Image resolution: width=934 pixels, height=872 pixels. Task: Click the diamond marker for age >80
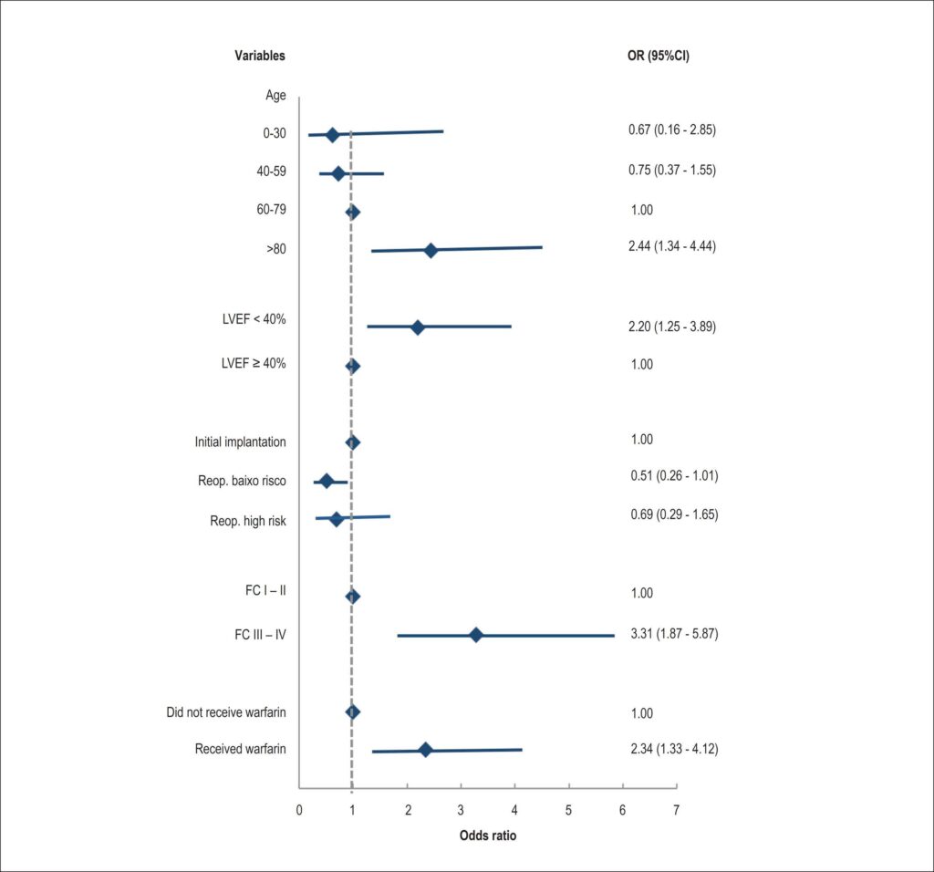point(431,251)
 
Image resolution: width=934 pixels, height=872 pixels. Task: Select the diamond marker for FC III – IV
point(475,635)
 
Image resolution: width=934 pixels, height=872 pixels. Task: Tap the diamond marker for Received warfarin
point(425,750)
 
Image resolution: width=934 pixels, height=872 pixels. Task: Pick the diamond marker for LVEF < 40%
point(418,327)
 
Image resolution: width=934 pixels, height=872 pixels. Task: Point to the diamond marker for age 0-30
point(332,135)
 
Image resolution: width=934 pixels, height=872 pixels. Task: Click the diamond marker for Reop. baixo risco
point(327,482)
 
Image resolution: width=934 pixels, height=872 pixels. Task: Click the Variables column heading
point(260,56)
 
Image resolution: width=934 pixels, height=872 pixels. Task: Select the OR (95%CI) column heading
point(659,56)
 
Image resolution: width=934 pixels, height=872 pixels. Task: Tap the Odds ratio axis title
point(488,836)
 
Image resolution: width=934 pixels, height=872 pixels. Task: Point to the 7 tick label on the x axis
point(676,810)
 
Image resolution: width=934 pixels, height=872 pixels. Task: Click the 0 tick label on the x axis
point(299,810)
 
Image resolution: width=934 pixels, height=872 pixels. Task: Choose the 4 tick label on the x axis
point(514,810)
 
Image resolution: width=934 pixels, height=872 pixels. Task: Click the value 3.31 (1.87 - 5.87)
point(674,633)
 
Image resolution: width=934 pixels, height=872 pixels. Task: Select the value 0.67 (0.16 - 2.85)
point(672,130)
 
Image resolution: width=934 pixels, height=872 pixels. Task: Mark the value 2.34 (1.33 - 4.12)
point(674,749)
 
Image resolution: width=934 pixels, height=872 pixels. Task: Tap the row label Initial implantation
point(240,442)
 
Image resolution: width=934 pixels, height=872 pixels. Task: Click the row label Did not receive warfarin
point(226,712)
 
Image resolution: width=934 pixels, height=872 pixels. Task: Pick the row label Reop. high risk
point(248,521)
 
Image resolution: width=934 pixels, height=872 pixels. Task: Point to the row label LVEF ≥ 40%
point(254,363)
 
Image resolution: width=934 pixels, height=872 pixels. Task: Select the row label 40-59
point(271,171)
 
